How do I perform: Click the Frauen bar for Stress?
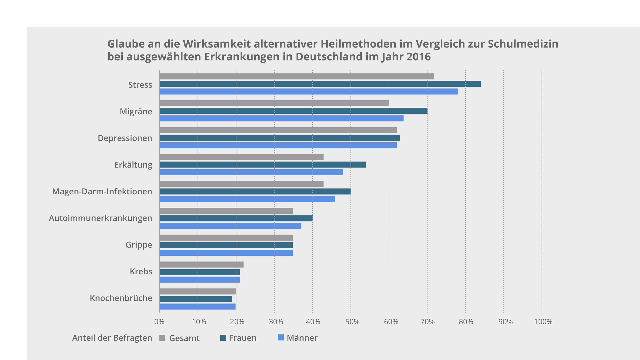(x=320, y=84)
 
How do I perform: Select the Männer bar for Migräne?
(x=282, y=118)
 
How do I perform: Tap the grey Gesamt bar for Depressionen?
(x=278, y=130)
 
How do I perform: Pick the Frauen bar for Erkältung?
(x=263, y=165)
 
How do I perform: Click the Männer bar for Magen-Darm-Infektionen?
(x=247, y=199)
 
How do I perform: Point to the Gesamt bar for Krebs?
(x=202, y=265)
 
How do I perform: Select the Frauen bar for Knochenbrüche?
(x=196, y=299)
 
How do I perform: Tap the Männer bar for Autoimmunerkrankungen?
(x=231, y=226)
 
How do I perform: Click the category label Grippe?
(x=139, y=245)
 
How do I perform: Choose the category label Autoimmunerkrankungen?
(x=100, y=218)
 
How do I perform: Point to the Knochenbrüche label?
(x=121, y=298)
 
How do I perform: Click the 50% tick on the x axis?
(x=352, y=322)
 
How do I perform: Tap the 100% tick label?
(x=543, y=322)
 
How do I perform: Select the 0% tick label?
(x=159, y=322)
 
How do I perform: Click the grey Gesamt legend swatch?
(x=162, y=338)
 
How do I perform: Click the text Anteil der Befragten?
(x=112, y=338)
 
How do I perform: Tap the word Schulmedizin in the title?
(x=523, y=44)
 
